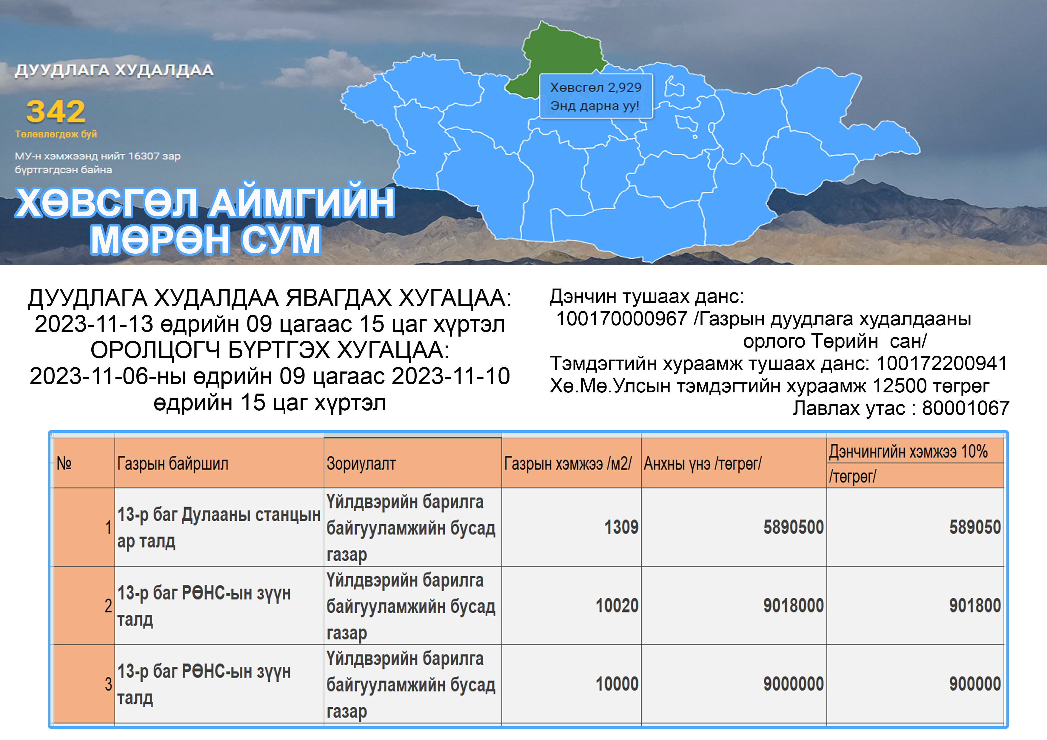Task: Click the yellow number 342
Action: coord(56,112)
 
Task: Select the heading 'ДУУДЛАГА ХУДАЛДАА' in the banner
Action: coord(114,70)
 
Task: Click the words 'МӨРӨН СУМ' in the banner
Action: coord(206,239)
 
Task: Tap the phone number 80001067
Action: coord(966,408)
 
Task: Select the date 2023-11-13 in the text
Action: coord(94,324)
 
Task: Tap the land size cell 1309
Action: coord(621,528)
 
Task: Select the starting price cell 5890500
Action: coord(794,528)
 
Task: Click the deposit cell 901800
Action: coord(975,606)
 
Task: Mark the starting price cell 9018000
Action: coord(794,606)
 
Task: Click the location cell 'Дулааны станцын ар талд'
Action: coord(219,528)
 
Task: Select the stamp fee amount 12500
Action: coord(899,386)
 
